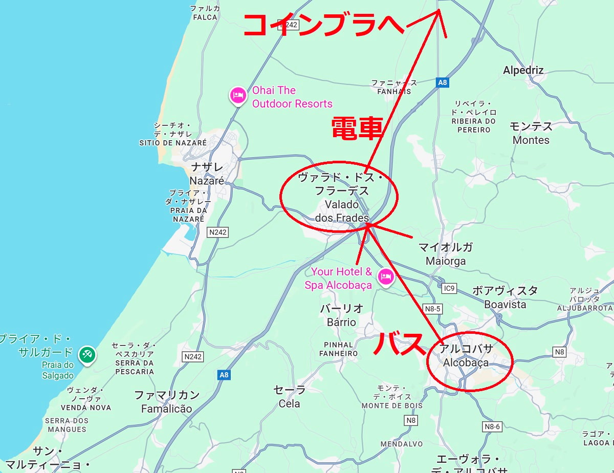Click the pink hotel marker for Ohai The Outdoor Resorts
click(x=237, y=95)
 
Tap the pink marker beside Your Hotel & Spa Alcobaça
click(x=385, y=277)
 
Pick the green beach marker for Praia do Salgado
click(x=86, y=354)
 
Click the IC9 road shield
click(x=449, y=288)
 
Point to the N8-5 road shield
click(x=432, y=309)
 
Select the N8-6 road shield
click(x=491, y=426)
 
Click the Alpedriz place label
click(x=523, y=70)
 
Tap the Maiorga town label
click(x=446, y=261)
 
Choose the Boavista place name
click(x=505, y=304)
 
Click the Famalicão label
click(x=167, y=408)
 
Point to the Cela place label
click(x=290, y=403)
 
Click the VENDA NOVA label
click(x=86, y=407)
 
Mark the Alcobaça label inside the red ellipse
click(x=466, y=363)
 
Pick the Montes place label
click(x=531, y=140)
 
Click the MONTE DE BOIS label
click(x=392, y=405)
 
